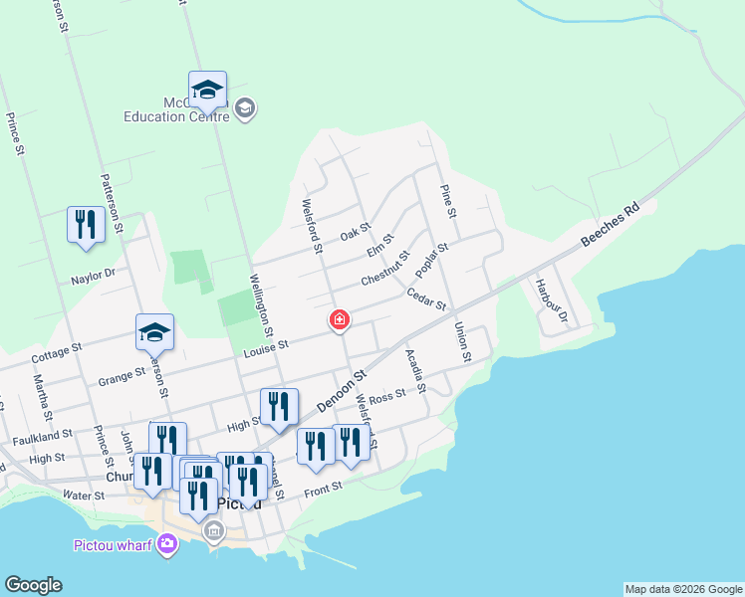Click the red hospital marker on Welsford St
tap(340, 319)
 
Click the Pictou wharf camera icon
tap(167, 543)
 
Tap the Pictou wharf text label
tap(114, 544)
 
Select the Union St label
tap(462, 341)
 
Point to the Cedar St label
tap(426, 298)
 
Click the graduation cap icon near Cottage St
tap(155, 331)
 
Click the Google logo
tap(33, 585)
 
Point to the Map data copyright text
tap(683, 589)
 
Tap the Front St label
tap(324, 488)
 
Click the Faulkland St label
tap(43, 435)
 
